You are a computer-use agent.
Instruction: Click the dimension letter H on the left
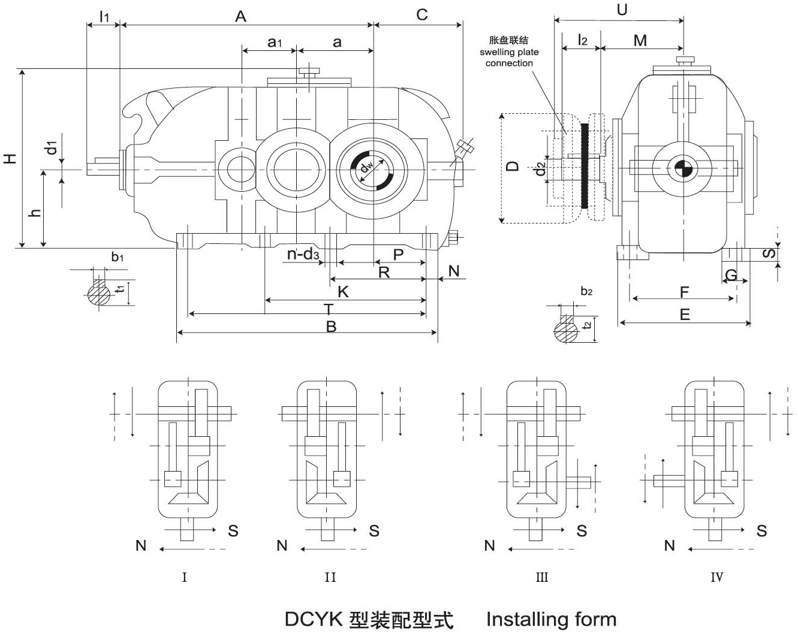pos(10,158)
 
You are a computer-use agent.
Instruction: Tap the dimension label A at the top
pos(240,16)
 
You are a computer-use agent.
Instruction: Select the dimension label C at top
pos(422,14)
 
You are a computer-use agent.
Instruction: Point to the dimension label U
pos(622,10)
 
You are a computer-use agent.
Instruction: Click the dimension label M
pos(640,40)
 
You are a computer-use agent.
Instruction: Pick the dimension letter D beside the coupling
pos(512,165)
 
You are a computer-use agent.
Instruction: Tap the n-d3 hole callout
pos(303,254)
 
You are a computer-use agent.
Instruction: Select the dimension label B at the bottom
pos(331,326)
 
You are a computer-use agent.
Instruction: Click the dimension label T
pos(329,309)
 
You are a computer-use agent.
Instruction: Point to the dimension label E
pos(685,315)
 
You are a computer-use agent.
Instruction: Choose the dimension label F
pos(684,292)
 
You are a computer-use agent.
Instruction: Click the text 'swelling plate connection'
pos(509,58)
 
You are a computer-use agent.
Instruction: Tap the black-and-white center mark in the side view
pos(682,168)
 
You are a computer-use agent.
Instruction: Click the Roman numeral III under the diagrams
pos(541,577)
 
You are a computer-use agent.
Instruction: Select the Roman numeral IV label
pos(716,577)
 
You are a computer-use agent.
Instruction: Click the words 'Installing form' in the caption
pos(551,618)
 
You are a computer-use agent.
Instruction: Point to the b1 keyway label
pos(118,258)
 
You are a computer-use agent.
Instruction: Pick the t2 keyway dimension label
pos(588,324)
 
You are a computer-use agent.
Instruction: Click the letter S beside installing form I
pos(233,530)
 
